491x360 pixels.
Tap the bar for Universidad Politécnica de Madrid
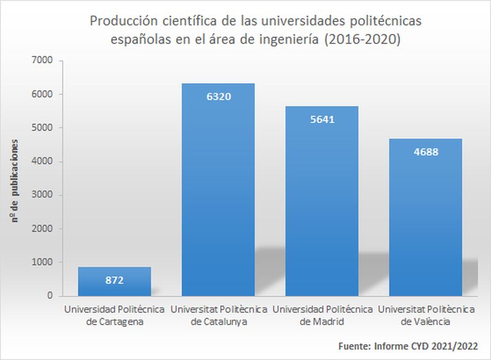[x=323, y=209]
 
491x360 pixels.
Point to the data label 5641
[x=323, y=120]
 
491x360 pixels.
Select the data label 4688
[x=426, y=151]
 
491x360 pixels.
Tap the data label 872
[x=114, y=281]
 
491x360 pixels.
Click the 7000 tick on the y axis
[x=45, y=61]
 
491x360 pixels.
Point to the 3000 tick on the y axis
[x=45, y=195]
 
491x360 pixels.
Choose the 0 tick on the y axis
[x=50, y=296]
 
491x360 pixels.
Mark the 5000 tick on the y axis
[x=45, y=128]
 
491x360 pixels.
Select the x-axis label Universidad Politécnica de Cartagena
[x=114, y=313]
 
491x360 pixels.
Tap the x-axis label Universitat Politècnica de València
[x=426, y=313]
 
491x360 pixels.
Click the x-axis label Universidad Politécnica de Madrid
[x=323, y=313]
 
